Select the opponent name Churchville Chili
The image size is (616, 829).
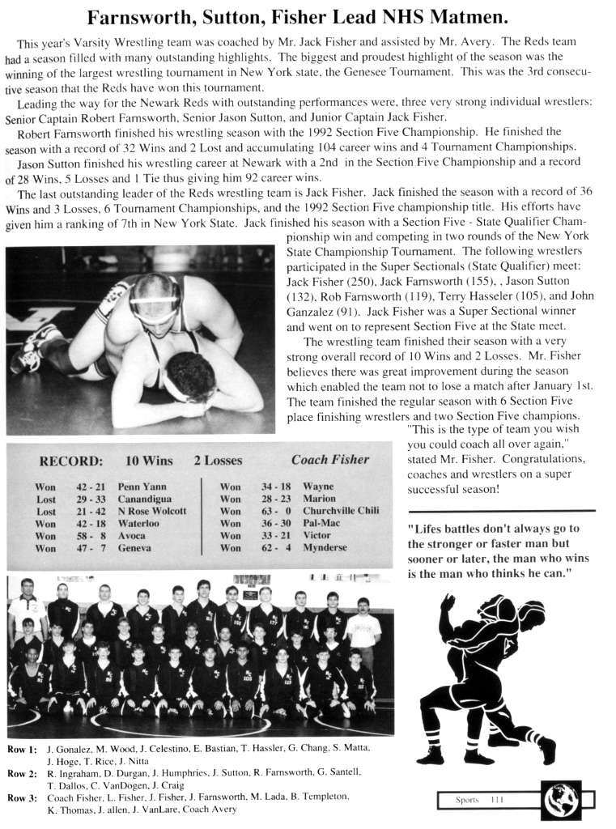click(341, 511)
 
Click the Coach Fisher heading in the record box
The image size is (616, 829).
click(329, 460)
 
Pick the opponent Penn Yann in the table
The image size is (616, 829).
click(142, 487)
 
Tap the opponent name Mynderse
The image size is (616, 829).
click(324, 547)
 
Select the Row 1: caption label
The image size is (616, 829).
click(23, 750)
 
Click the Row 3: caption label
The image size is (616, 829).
click(23, 797)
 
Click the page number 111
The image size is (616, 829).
click(496, 800)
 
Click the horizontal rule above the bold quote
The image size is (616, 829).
click(501, 511)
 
